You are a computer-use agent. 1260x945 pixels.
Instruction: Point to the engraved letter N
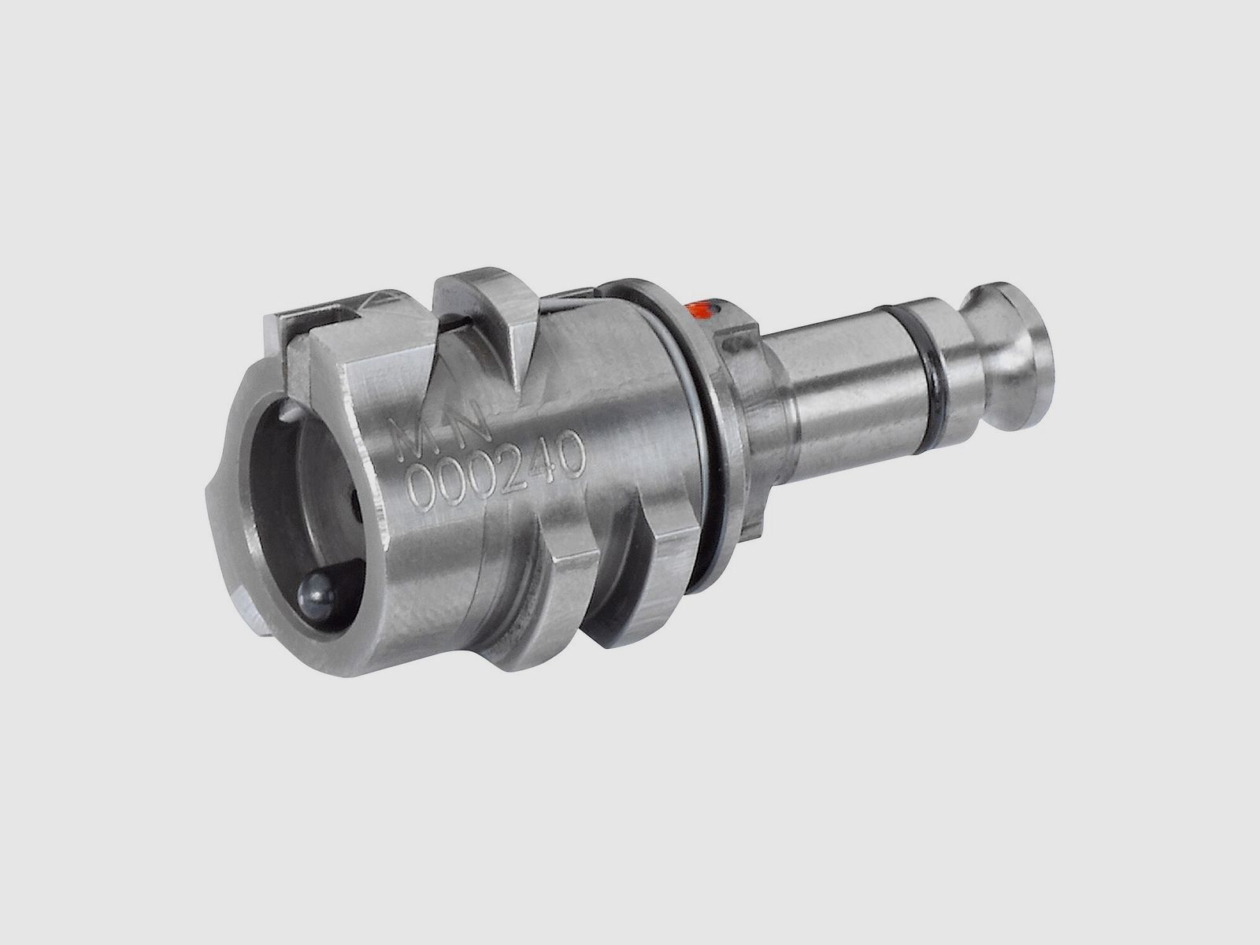(472, 423)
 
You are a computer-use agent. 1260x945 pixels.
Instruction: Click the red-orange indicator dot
(702, 309)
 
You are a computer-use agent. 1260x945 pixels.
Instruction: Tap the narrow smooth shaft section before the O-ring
(843, 370)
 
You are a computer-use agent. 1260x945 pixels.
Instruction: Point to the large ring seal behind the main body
(693, 409)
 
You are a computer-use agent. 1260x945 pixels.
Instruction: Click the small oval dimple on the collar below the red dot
(738, 343)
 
